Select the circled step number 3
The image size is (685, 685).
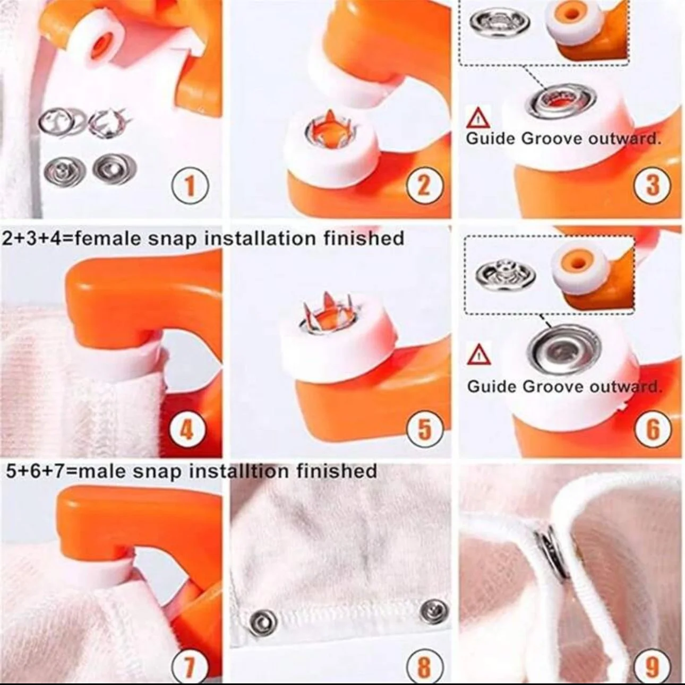(652, 186)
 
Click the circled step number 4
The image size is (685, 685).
(187, 430)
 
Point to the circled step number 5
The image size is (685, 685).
(424, 429)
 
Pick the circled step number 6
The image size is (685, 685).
(653, 430)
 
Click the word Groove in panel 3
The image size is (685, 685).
(552, 138)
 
